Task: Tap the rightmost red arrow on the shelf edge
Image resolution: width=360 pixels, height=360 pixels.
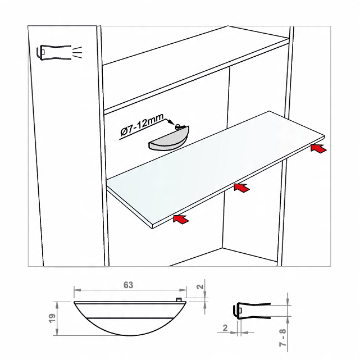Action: tap(318, 148)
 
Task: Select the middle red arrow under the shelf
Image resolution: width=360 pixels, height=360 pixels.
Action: tap(241, 188)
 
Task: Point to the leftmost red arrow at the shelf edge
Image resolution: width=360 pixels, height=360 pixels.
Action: tap(181, 219)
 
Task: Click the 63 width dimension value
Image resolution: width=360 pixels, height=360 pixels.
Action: tap(128, 285)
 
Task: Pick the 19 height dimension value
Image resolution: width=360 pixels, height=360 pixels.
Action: tap(53, 318)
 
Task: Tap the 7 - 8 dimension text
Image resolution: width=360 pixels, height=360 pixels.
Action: tap(283, 338)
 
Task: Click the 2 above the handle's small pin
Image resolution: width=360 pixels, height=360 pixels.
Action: tap(200, 286)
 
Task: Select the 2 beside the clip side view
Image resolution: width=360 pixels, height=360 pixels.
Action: tap(225, 327)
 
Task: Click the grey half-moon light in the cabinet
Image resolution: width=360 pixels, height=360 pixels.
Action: tap(168, 138)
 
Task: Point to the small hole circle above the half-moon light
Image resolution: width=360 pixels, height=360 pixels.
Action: tap(177, 126)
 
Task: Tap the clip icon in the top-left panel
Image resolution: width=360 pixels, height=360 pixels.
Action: tap(53, 52)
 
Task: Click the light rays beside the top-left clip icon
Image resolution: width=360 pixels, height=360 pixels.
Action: tap(77, 52)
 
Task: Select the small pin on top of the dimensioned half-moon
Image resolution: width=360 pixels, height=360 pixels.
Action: tap(179, 299)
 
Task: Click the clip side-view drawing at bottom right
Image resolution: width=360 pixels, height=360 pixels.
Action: tap(252, 311)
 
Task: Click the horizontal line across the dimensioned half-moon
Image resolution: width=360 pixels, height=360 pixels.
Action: tap(130, 318)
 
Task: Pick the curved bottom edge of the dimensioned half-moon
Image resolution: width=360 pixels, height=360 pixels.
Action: tap(130, 335)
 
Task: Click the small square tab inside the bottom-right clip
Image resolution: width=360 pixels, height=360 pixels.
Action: tap(240, 311)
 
